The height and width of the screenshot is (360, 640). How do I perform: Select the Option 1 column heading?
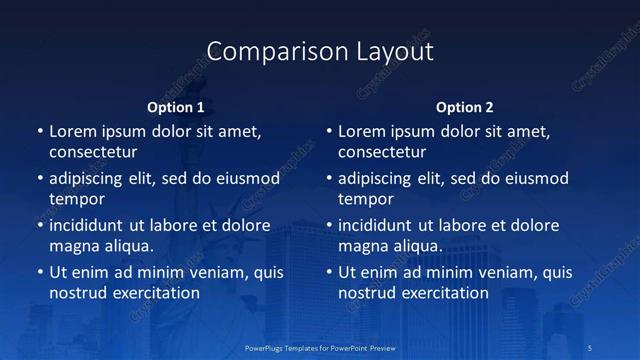point(176,107)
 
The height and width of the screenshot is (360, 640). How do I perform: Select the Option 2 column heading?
point(465,107)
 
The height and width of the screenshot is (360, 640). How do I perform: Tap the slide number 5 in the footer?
point(592,347)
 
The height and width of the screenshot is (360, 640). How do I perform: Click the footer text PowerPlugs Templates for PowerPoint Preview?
point(319,347)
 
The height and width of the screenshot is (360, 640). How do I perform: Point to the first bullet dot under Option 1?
point(39,132)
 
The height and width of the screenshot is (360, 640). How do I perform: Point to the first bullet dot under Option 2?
point(329,132)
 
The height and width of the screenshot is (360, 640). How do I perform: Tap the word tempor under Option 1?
point(77,199)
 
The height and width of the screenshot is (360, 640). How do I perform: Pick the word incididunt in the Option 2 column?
point(378,225)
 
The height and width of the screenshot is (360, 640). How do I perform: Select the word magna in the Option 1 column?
point(73,246)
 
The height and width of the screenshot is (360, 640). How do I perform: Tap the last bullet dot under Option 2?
point(329,272)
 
